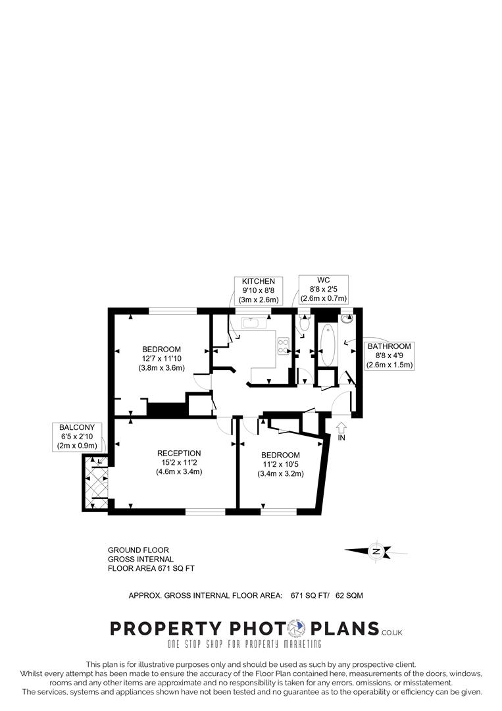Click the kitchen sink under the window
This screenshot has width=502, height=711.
[x=253, y=323]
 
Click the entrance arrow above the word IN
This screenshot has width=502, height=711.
[x=341, y=427]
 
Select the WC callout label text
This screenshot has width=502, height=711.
[x=322, y=280]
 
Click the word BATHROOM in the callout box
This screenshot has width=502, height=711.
[x=389, y=346]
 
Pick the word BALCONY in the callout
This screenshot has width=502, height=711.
[x=77, y=427]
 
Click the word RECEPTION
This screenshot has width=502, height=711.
[x=179, y=453]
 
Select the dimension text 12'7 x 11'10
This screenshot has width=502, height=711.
[x=161, y=358]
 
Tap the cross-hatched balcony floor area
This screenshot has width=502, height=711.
[x=93, y=483]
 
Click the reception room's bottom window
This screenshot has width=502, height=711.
[x=205, y=511]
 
